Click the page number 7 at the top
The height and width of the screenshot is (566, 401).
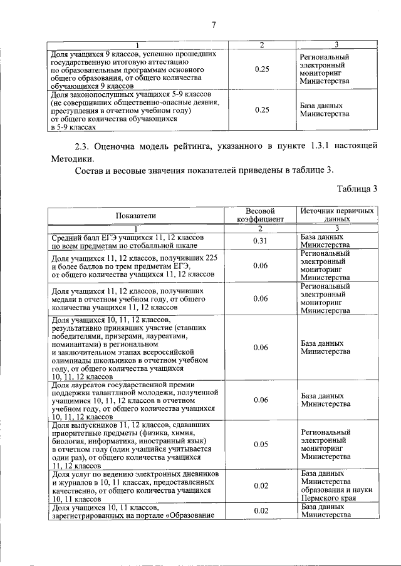tap(214, 25)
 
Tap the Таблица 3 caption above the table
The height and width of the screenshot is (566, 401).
tap(357, 188)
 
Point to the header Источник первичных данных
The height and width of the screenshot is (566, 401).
tap(338, 216)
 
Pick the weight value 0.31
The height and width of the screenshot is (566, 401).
tap(261, 241)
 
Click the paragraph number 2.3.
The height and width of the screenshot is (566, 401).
tap(83, 146)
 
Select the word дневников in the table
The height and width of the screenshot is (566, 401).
tap(199, 475)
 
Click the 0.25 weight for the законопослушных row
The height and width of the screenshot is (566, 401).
tap(262, 110)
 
